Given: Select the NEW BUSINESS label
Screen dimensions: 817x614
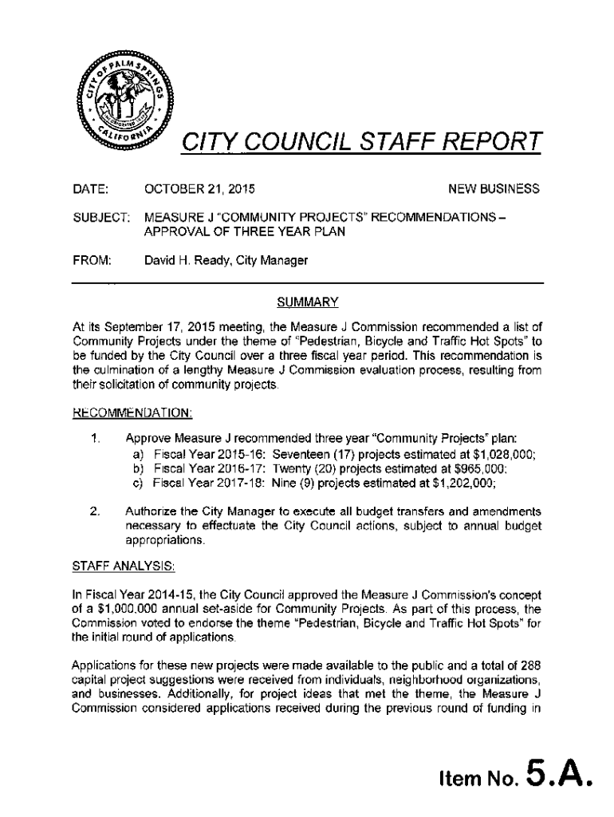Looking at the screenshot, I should click(494, 190).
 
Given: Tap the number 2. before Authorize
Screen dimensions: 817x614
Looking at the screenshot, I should click(94, 511).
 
